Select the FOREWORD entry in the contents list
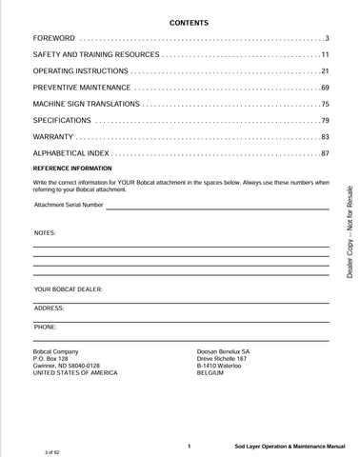tap(53, 38)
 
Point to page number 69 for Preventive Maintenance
tap(325, 88)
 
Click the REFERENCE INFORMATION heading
tap(71, 168)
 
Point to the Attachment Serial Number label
tap(69, 205)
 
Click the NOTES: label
tap(45, 232)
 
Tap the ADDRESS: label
tap(49, 308)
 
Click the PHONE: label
tap(45, 327)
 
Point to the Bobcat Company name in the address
tap(55, 351)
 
